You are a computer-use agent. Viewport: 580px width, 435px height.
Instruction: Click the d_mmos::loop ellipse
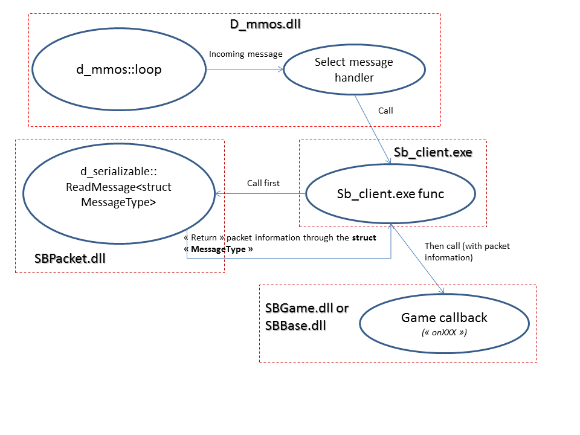[x=118, y=69]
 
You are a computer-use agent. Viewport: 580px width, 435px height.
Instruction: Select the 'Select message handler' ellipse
[x=353, y=69]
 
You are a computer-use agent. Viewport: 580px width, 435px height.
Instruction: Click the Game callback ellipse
[x=443, y=323]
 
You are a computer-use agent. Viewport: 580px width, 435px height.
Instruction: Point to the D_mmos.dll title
[x=265, y=25]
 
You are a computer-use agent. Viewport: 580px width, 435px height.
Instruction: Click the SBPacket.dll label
[x=70, y=259]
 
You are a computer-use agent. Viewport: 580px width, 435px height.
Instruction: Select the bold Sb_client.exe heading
[x=433, y=152]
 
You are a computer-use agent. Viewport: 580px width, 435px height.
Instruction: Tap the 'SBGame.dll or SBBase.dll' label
[x=306, y=317]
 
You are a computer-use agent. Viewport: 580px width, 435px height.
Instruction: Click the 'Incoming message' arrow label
[x=245, y=54]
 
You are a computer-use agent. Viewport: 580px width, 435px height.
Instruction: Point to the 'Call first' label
[x=263, y=183]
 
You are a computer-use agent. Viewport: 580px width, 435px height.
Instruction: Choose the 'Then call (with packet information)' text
[x=449, y=251]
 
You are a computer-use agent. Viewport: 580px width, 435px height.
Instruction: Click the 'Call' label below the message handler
[x=385, y=111]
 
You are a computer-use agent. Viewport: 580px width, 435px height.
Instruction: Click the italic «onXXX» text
[x=444, y=333]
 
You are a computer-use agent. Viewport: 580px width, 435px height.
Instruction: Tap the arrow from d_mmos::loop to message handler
[x=245, y=69]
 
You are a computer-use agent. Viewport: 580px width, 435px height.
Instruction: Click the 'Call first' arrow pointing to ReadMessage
[x=260, y=194]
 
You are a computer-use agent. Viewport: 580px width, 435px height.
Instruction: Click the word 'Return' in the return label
[x=204, y=237]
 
